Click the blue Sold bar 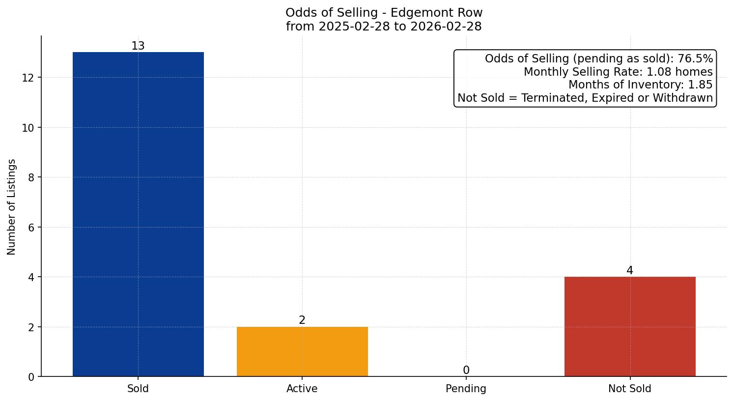pyautogui.click(x=138, y=214)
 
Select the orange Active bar pyautogui.click(x=302, y=351)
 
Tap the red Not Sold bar pyautogui.click(x=630, y=326)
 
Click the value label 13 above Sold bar pyautogui.click(x=138, y=46)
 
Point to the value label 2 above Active pyautogui.click(x=302, y=320)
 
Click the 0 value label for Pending pyautogui.click(x=466, y=371)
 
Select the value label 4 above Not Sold pyautogui.click(x=630, y=271)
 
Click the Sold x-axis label pyautogui.click(x=138, y=389)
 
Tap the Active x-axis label pyautogui.click(x=302, y=389)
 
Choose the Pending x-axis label pyautogui.click(x=466, y=389)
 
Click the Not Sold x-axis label pyautogui.click(x=630, y=389)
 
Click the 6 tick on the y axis pyautogui.click(x=31, y=228)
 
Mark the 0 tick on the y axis pyautogui.click(x=31, y=377)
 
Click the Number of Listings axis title pyautogui.click(x=12, y=206)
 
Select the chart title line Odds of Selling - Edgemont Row pyautogui.click(x=384, y=12)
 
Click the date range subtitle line pyautogui.click(x=384, y=27)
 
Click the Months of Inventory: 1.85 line pyautogui.click(x=640, y=85)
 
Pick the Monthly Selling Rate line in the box pyautogui.click(x=618, y=72)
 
